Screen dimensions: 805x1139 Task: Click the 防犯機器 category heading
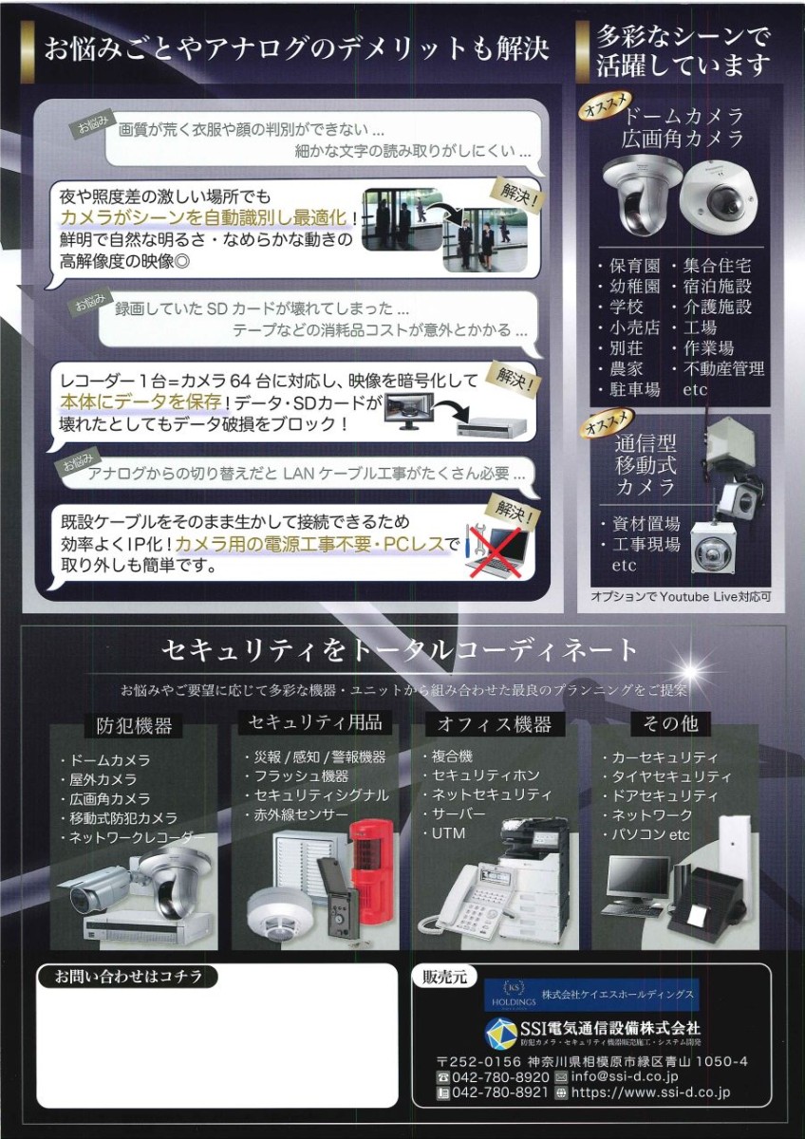pos(134,725)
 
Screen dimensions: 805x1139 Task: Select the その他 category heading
pos(671,723)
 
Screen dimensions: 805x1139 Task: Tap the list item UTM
pos(448,833)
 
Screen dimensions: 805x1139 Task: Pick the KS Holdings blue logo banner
pos(591,995)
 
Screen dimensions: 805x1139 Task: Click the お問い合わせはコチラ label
pos(128,977)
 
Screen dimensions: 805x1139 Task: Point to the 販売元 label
pos(445,978)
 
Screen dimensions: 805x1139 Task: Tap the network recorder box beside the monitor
pos(496,428)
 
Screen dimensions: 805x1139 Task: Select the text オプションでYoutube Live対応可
pos(681,596)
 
